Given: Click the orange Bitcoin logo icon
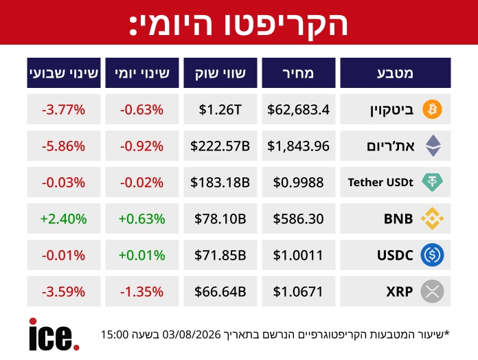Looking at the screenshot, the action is (x=432, y=109).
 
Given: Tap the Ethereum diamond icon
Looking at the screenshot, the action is (x=433, y=146).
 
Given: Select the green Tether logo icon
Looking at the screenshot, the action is (x=432, y=182).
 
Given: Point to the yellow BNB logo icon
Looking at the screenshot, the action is (x=432, y=218).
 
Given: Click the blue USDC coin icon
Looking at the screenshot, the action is (x=432, y=255).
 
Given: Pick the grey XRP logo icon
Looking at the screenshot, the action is (x=432, y=291).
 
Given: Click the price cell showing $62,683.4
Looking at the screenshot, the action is (x=299, y=109).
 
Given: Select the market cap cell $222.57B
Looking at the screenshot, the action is (x=220, y=146).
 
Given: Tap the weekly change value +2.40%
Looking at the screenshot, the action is (x=64, y=219).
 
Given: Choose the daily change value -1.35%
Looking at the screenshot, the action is (x=141, y=292).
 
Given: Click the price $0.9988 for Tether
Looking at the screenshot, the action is (x=299, y=182).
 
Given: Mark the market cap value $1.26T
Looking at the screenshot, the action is (x=220, y=109).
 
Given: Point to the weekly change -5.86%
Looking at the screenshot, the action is (x=64, y=146).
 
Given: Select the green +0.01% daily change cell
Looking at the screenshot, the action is (x=141, y=255).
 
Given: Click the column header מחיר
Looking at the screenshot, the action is (x=299, y=73).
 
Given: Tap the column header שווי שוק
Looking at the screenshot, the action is (x=220, y=73).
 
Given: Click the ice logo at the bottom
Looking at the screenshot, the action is (x=54, y=335).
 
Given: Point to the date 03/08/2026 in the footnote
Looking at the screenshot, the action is (x=192, y=335).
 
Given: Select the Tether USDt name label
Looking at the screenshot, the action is (x=380, y=182).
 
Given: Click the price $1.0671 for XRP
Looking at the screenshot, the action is (x=298, y=292).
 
